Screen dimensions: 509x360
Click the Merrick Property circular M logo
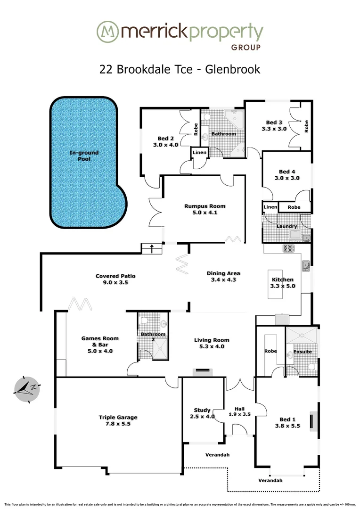pos(107,32)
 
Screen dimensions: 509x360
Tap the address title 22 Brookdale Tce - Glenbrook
pos(180,69)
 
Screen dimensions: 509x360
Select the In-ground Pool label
pos(84,156)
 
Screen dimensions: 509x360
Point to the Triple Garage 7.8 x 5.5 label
pos(118,420)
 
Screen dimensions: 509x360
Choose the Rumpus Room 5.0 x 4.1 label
pos(205,209)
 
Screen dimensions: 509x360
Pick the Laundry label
pos(287,226)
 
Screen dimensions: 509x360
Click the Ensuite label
pos(302,351)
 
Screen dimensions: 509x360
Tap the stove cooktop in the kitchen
pos(288,248)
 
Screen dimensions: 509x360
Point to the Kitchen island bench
pos(274,284)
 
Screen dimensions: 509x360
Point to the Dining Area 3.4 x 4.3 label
pos(223,276)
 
